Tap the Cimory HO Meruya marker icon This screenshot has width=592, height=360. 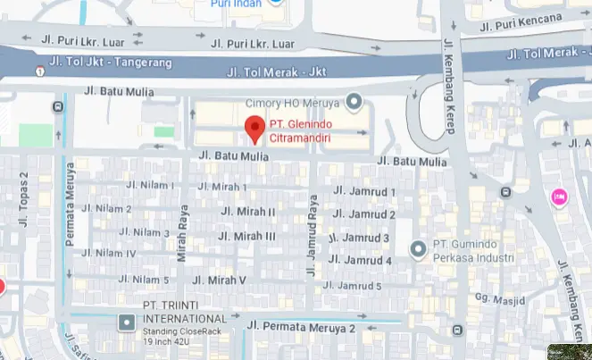click(354, 100)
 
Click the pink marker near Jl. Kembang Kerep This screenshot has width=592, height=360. click(560, 197)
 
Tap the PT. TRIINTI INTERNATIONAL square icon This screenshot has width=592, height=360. click(127, 320)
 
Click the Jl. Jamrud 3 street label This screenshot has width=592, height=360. click(359, 239)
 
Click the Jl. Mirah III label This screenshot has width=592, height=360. click(247, 236)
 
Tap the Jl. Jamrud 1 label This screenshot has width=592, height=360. click(363, 191)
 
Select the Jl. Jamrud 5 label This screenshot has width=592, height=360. click(352, 286)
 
